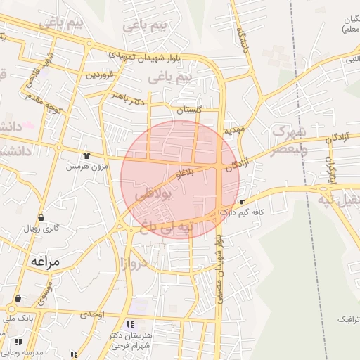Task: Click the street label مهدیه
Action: coord(234,131)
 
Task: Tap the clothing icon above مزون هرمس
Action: coord(87,156)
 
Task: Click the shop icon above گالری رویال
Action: coord(41,218)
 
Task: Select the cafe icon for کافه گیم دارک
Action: coord(243,202)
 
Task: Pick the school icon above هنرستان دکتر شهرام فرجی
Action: coord(130,324)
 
